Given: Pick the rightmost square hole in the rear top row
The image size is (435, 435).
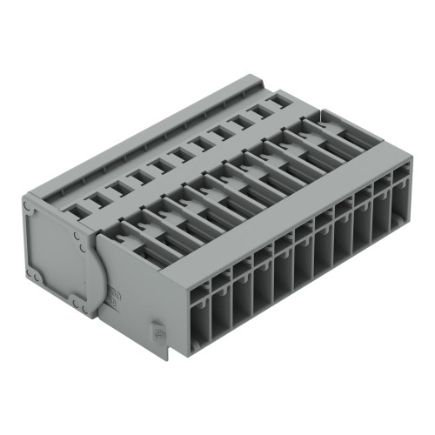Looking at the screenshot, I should (277, 103).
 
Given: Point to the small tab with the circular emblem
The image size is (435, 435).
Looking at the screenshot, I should (158, 333).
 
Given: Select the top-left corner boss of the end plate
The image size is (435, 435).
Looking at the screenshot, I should (29, 207).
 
